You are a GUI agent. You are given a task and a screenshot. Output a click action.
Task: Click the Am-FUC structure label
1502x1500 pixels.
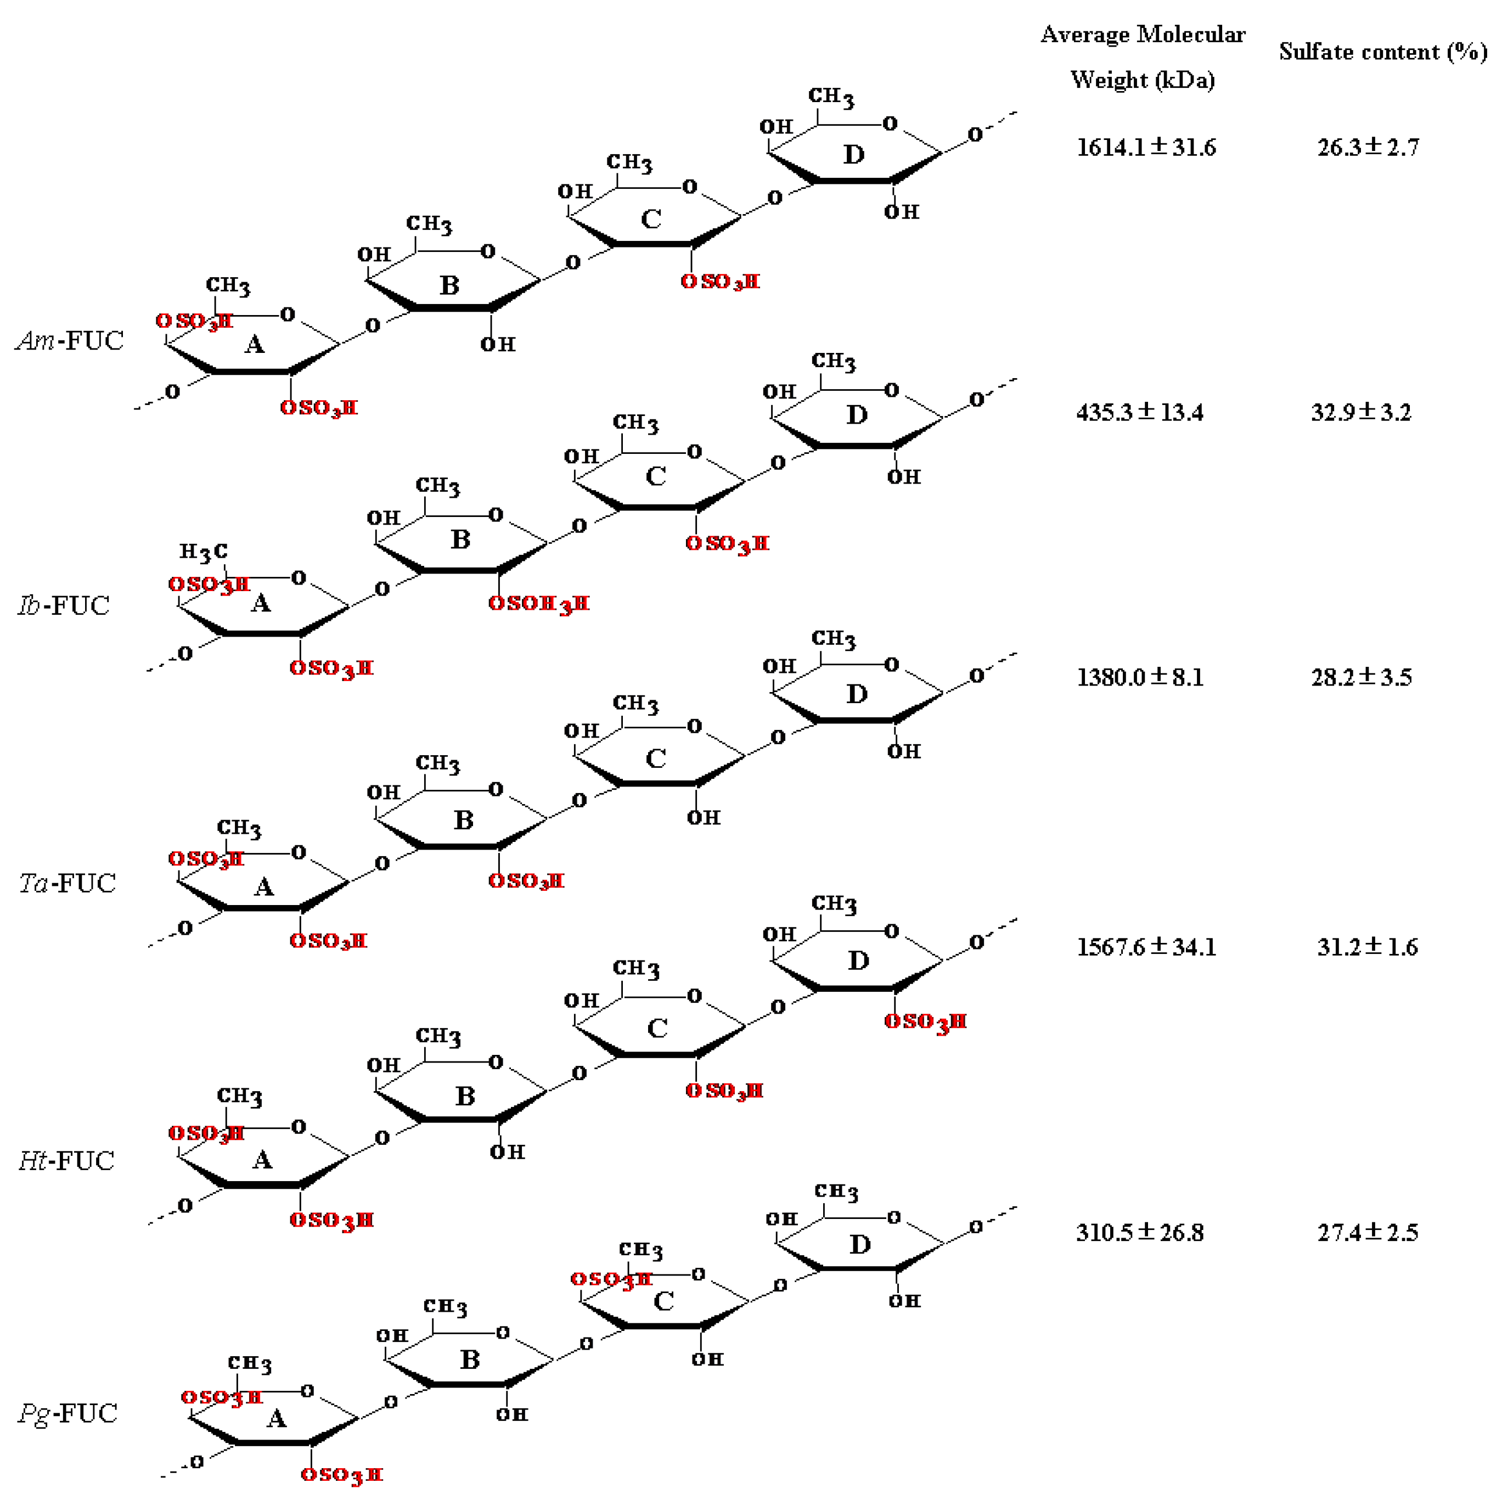pyautogui.click(x=70, y=341)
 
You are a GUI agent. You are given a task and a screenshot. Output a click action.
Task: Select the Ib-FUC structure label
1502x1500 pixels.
pyautogui.click(x=64, y=605)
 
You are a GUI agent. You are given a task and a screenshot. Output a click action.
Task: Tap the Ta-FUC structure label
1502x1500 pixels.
pyautogui.click(x=67, y=883)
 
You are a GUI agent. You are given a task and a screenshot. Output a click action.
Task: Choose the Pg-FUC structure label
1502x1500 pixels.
pyautogui.click(x=69, y=1413)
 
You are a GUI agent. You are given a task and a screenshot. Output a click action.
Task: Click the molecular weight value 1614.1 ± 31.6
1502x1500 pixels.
pyautogui.click(x=1146, y=147)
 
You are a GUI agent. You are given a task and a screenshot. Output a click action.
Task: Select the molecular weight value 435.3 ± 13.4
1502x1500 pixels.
pyautogui.click(x=1140, y=412)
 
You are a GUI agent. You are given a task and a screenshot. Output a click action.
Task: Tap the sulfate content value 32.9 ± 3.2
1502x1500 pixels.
pyautogui.click(x=1362, y=412)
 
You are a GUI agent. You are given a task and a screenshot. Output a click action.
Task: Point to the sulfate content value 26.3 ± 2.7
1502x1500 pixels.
pyautogui.click(x=1368, y=147)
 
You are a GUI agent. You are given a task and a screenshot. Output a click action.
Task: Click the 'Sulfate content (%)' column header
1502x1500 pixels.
pyautogui.click(x=1383, y=52)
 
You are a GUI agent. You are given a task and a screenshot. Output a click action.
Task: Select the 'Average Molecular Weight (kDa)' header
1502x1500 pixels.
pyautogui.click(x=1143, y=57)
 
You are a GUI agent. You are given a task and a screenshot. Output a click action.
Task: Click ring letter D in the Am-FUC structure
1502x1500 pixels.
pyautogui.click(x=854, y=155)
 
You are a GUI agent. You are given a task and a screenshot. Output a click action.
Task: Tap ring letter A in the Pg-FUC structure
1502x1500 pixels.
pyautogui.click(x=277, y=1419)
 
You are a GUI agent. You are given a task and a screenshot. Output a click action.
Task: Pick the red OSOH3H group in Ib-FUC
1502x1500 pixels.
pyautogui.click(x=539, y=603)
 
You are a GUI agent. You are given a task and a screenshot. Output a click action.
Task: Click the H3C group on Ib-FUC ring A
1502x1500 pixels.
pyautogui.click(x=204, y=552)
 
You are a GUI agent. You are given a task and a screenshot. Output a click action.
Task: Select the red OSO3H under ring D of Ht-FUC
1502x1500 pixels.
pyautogui.click(x=925, y=1022)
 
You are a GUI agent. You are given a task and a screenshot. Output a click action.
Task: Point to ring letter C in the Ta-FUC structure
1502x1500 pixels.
pyautogui.click(x=656, y=759)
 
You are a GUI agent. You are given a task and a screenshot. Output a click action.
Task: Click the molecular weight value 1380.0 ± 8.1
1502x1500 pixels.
pyautogui.click(x=1140, y=677)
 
